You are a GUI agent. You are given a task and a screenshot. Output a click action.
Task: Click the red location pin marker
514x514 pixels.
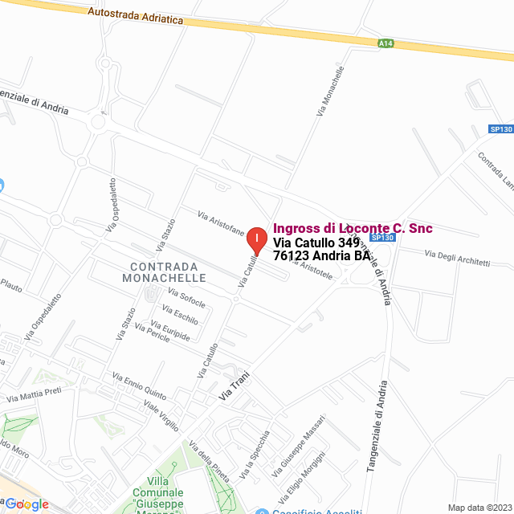tap(256, 240)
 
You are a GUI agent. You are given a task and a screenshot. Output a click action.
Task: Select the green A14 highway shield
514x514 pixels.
tap(386, 43)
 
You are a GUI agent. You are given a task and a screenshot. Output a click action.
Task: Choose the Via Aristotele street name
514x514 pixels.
tap(316, 269)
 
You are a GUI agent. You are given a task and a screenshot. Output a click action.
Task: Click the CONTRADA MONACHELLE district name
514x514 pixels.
tap(164, 272)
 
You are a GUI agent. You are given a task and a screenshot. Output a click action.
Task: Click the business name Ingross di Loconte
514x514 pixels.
tap(353, 229)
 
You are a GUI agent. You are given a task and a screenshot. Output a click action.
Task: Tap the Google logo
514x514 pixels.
tap(27, 504)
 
